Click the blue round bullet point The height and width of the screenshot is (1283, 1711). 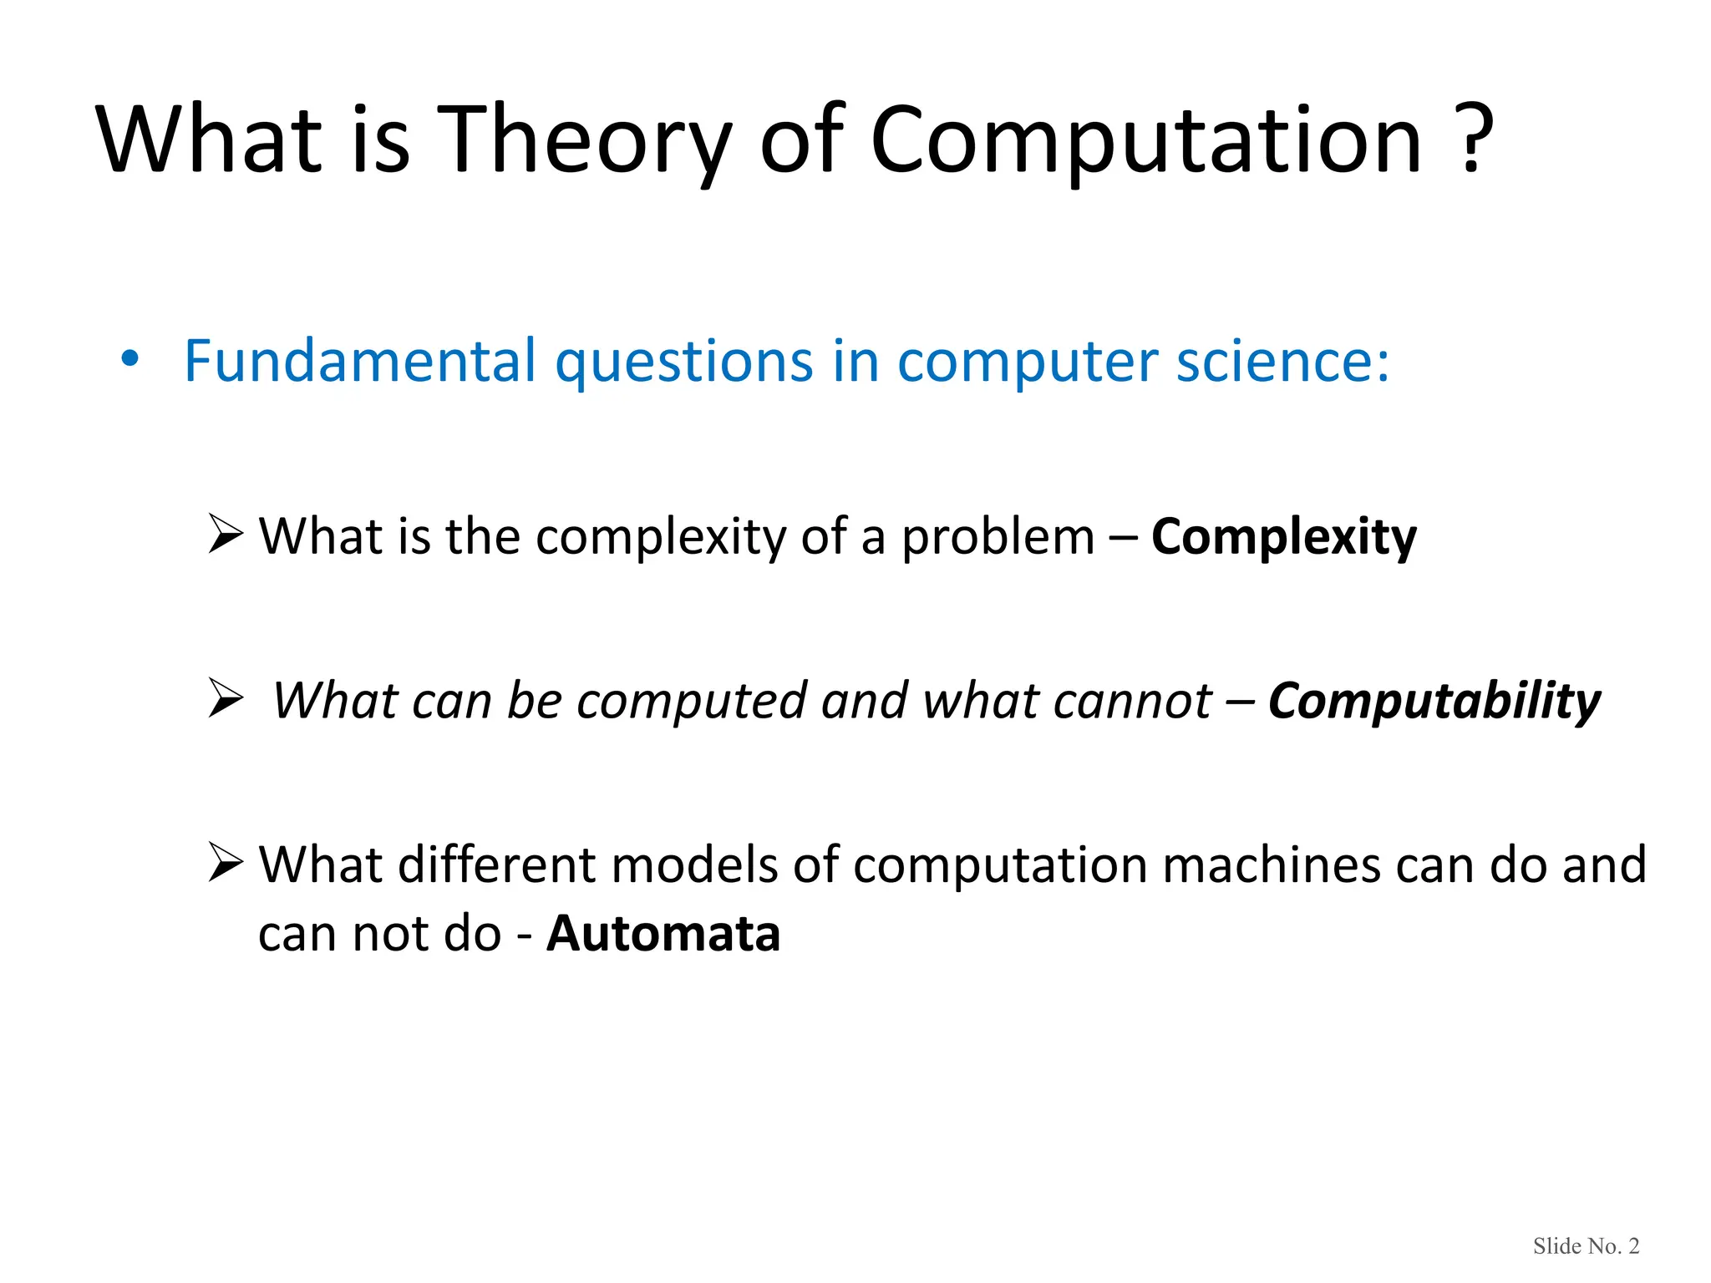[x=129, y=360]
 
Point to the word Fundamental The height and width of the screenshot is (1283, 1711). [x=360, y=362]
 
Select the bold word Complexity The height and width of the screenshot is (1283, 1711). [x=1283, y=537]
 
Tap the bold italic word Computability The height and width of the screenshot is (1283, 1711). [x=1434, y=701]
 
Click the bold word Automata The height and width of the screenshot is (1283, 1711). [x=663, y=933]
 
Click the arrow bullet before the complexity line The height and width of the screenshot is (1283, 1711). [x=225, y=535]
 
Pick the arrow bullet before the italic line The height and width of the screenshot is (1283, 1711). [x=225, y=699]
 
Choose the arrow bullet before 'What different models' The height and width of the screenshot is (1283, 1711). [x=225, y=863]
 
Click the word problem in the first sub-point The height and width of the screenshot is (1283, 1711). [x=998, y=537]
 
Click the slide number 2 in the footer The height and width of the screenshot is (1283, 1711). [x=1634, y=1246]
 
